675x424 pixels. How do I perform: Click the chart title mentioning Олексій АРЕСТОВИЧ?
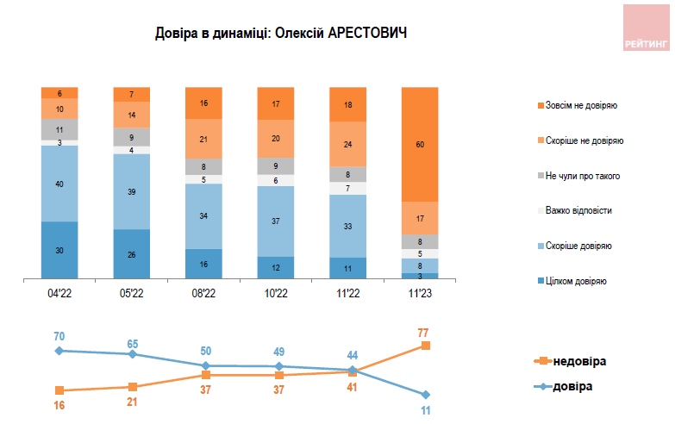pos(280,34)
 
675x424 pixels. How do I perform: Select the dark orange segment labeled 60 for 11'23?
pos(420,145)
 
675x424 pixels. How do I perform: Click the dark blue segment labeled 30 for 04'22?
pos(59,250)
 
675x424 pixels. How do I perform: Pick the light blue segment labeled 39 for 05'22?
pos(131,191)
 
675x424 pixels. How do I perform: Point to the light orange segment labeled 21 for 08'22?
pos(203,138)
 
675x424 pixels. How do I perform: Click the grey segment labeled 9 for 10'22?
pos(275,166)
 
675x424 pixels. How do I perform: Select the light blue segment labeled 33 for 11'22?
pos(347,226)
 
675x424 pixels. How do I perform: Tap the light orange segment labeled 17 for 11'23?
pos(420,218)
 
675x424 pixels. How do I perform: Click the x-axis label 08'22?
pos(203,292)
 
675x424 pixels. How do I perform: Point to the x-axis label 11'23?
pos(420,292)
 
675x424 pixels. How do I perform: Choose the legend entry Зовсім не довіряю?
pos(579,105)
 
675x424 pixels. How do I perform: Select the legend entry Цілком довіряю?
pos(573,281)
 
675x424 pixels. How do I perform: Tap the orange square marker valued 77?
pos(425,346)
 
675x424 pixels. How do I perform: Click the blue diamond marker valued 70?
pos(59,351)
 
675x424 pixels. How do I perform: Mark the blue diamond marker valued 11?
pos(425,395)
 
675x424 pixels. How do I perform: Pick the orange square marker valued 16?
pos(59,390)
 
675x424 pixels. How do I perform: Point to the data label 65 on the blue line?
pos(132,342)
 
